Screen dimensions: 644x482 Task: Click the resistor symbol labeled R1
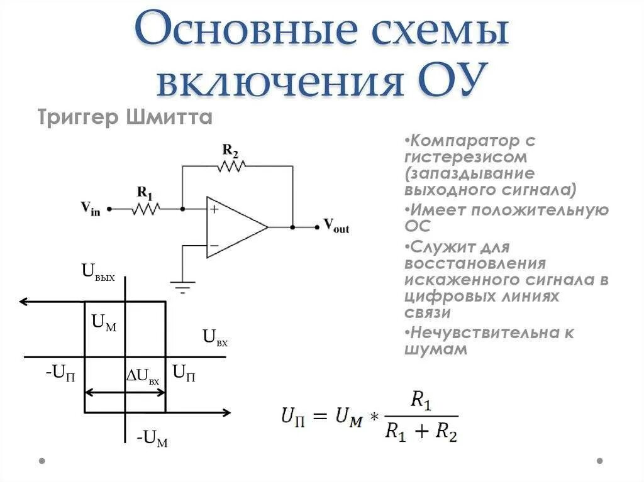click(146, 207)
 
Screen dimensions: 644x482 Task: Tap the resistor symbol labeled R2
click(231, 166)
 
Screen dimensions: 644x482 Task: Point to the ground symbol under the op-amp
click(183, 287)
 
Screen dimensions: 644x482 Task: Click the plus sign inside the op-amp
click(214, 210)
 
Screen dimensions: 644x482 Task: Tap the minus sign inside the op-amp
click(214, 245)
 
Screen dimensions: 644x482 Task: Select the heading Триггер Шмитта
click(125, 118)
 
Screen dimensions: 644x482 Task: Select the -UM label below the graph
click(152, 438)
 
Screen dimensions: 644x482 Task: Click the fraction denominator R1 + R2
click(421, 432)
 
